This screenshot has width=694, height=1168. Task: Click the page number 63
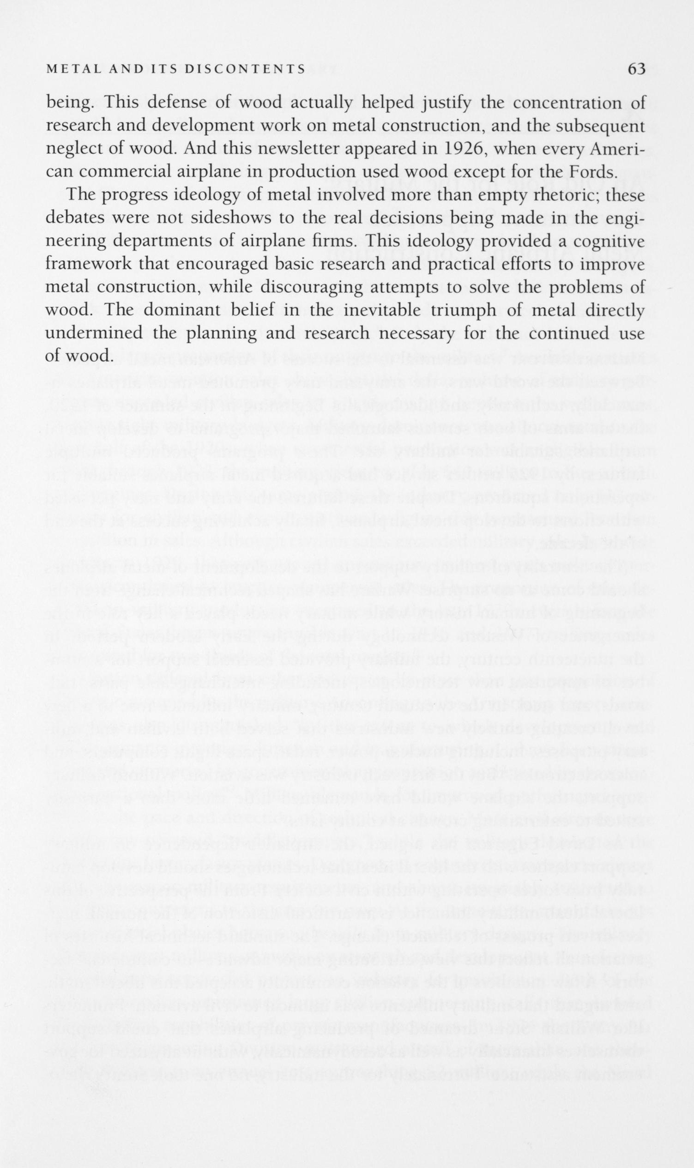[636, 69]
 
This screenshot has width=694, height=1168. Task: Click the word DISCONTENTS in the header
[245, 70]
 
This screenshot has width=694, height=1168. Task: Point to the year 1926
[461, 149]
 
